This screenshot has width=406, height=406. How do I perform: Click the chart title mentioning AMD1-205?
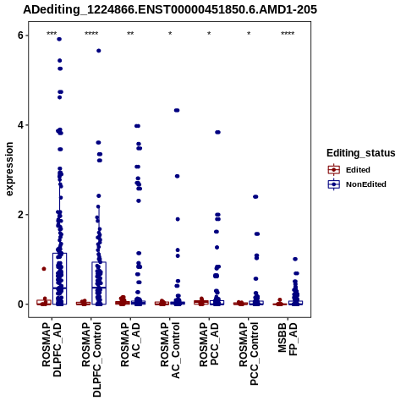coord(170,9)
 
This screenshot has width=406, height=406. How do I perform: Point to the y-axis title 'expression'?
coord(9,169)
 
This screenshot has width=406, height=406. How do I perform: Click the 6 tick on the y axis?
coord(20,36)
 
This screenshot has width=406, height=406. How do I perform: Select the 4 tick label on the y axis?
coord(20,125)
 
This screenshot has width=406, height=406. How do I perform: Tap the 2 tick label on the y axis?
coord(20,215)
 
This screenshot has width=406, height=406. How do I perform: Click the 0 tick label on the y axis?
coord(20,304)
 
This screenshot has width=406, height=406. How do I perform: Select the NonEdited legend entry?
coord(357,184)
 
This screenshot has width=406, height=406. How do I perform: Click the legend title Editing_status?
coord(361,153)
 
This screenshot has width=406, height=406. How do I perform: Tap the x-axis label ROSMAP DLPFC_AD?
coord(52,349)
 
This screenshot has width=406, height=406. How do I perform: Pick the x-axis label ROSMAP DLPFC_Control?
coord(91,359)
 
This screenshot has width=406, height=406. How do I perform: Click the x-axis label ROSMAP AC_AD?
coord(130,344)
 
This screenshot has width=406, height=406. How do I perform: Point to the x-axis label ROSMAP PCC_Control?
coord(249,354)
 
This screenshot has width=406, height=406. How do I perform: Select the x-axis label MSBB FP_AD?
coord(288,339)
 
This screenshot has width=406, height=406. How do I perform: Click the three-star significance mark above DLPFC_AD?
coord(52,34)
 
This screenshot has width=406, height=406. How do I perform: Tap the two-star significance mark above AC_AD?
coord(130,34)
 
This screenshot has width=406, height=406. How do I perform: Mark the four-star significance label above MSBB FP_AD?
coord(288,34)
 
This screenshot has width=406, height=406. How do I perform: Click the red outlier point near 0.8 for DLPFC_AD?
coord(44,269)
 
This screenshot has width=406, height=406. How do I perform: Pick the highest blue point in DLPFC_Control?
coord(99,51)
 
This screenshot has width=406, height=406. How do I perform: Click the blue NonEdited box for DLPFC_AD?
coord(59,278)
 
